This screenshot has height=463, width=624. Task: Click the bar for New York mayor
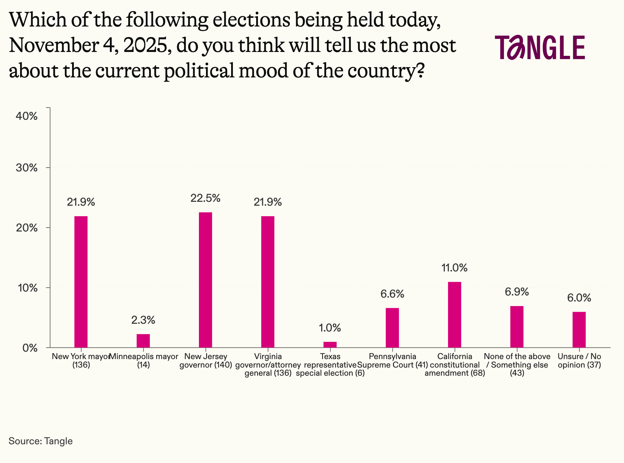81,282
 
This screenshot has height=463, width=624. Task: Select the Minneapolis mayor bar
143,341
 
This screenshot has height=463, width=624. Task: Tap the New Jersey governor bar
206,280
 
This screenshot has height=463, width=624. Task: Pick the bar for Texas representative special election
330,345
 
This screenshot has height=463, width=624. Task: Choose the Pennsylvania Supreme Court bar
392,328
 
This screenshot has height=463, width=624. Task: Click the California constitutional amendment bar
454,315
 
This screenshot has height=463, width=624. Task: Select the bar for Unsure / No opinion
579,329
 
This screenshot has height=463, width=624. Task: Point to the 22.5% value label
206,198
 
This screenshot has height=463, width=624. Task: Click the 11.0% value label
454,268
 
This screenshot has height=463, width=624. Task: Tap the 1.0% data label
330,328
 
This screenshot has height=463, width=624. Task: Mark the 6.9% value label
517,292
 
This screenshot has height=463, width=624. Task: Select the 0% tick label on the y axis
30,348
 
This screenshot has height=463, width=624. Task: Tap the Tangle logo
540,47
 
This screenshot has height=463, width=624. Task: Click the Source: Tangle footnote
41,441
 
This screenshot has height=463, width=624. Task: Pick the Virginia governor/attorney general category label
268,365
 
